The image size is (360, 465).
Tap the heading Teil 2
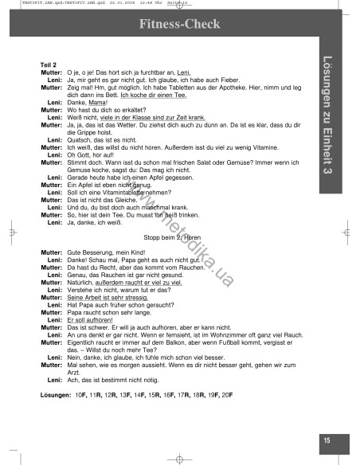point(49,64)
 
